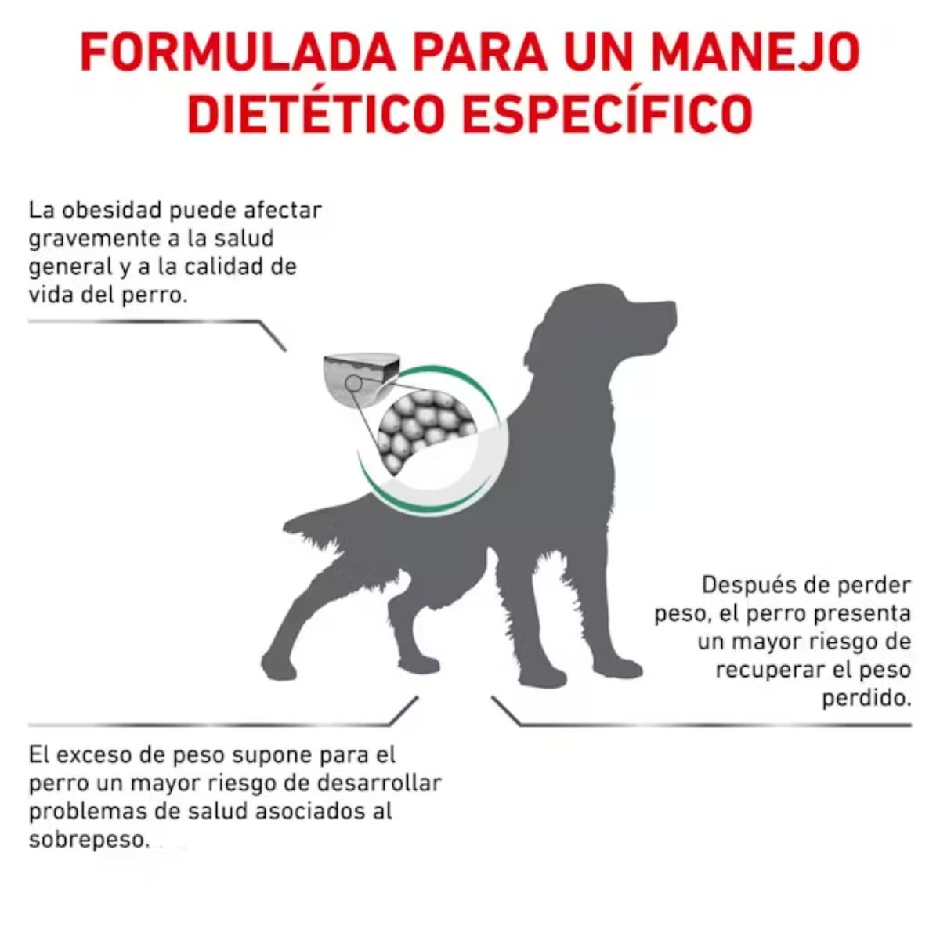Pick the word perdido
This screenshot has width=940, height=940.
[866, 699]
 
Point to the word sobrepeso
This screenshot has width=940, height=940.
[88, 840]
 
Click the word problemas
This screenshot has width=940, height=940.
[86, 812]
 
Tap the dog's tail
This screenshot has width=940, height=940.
[313, 525]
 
